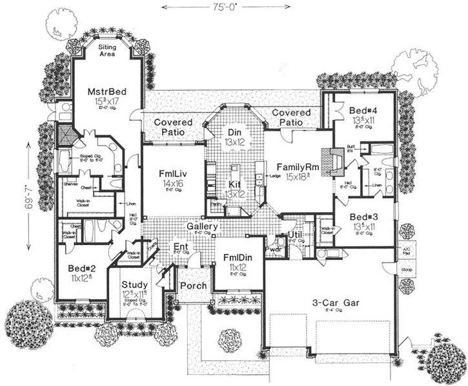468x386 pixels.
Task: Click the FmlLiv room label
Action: tap(173, 173)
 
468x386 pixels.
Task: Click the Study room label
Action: tap(136, 284)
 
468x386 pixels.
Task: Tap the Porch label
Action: tap(193, 286)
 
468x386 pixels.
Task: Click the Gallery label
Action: tap(202, 228)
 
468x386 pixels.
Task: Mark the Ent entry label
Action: tap(180, 247)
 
